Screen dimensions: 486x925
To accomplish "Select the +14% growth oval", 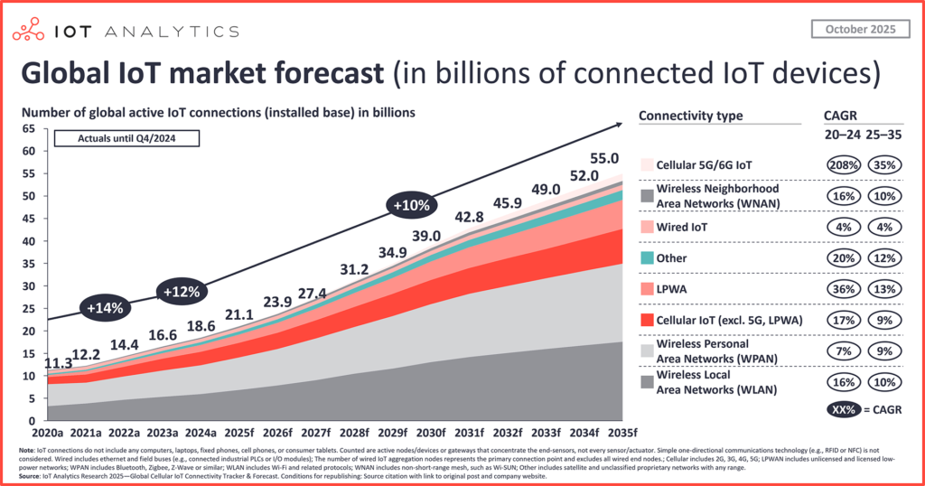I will tap(106, 307).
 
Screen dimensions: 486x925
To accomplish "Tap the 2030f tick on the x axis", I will tap(429, 431).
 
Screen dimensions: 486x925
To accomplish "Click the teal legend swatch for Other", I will tap(646, 258).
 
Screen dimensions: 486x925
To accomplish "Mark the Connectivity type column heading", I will tap(690, 116).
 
